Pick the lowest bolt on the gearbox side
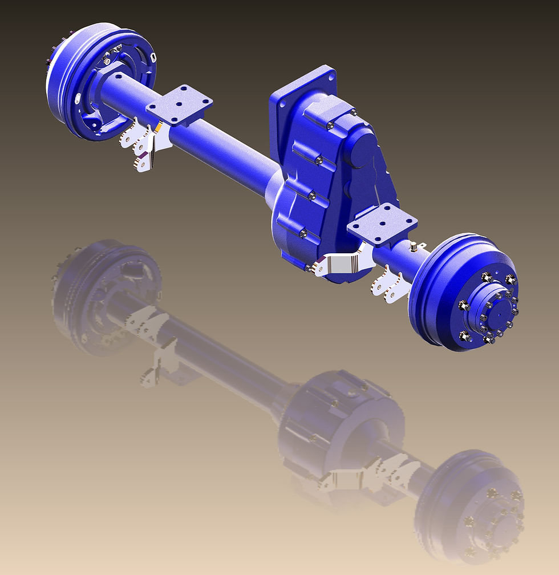[x=303, y=232]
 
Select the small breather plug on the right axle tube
[x=411, y=246]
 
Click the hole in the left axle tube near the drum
[x=119, y=75]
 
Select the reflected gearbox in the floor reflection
[x=337, y=422]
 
